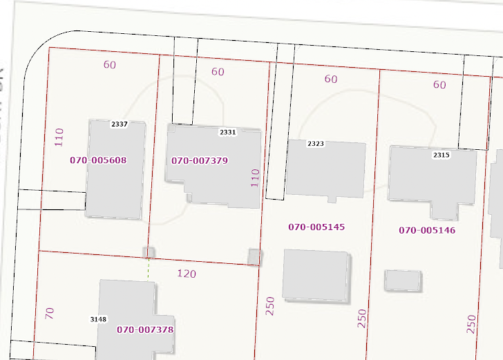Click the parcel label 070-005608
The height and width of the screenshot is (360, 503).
pos(98,161)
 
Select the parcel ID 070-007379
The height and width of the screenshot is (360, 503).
pos(200,161)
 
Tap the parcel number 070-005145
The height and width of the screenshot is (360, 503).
pos(317,227)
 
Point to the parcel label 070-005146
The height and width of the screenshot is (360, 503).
pos(427,231)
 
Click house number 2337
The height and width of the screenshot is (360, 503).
pos(119,124)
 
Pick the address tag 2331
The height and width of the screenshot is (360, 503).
pos(228,133)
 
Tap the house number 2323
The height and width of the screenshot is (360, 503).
pos(315,144)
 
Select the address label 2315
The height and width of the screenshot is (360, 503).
pos(441,155)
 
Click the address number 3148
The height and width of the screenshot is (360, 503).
pos(99,319)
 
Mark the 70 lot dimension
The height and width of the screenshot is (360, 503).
pos(49,313)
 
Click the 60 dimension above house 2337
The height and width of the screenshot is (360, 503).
pos(109,65)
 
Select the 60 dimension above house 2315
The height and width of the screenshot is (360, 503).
pos(439,85)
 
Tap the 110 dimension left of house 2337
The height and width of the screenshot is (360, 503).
pos(59,137)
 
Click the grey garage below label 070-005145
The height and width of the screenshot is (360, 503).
pos(316,274)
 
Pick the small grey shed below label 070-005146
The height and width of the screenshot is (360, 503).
pos(402,280)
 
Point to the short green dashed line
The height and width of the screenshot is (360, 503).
pos(148,269)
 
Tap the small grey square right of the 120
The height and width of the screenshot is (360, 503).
pos(254,257)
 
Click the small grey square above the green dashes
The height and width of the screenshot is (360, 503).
pos(149,252)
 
